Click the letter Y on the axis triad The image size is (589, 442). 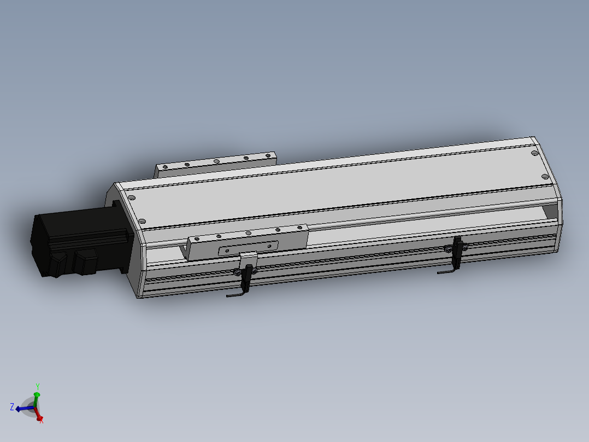(x=37, y=386)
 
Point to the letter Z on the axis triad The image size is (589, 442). (x=11, y=406)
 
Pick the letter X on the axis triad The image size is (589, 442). (x=42, y=421)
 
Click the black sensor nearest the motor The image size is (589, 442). (x=248, y=276)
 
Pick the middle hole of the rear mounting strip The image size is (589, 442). (x=217, y=161)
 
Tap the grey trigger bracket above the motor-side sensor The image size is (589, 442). (x=248, y=258)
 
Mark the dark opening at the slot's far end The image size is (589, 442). (x=552, y=210)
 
